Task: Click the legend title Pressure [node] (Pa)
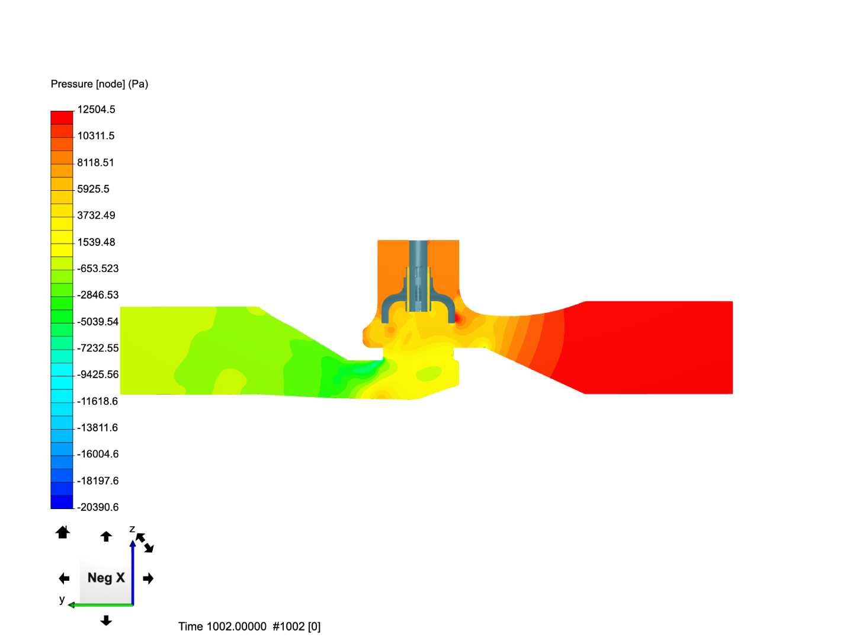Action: pos(100,84)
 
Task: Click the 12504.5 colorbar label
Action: pos(96,110)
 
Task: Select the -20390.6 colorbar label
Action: pos(98,507)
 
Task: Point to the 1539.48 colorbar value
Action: pos(96,242)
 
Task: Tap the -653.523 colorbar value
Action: pos(98,268)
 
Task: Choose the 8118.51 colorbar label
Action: pos(95,162)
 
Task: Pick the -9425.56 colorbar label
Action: pos(98,375)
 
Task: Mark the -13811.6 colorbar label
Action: pos(98,428)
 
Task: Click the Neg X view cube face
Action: pos(106,578)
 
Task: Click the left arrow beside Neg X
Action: pos(64,578)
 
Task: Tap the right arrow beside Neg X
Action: pos(149,578)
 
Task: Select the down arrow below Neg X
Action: pos(106,620)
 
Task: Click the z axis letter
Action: pos(132,529)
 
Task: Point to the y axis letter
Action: pos(62,599)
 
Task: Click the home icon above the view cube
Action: pos(63,532)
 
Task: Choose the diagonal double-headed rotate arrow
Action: pos(145,543)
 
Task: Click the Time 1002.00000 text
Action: pos(222,627)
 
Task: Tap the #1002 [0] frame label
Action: pos(297,627)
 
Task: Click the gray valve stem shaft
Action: pos(418,261)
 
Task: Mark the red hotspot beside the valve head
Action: pos(457,319)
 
